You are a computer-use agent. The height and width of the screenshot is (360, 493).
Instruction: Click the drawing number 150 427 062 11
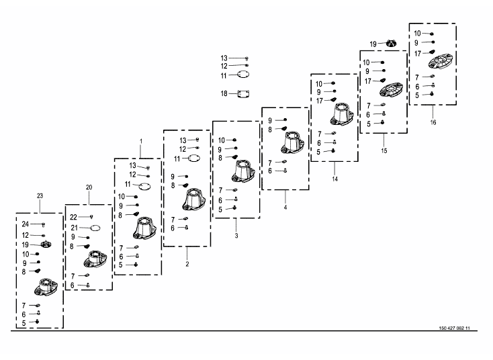point(454,328)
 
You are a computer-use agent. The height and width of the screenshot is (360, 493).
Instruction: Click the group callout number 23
point(40,195)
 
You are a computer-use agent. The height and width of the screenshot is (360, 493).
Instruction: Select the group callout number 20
point(89,187)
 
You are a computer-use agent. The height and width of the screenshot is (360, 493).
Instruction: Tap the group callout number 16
point(433,122)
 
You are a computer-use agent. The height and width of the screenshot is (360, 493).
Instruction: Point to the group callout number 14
point(335,179)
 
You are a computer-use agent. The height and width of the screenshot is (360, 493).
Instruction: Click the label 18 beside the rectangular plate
point(224,93)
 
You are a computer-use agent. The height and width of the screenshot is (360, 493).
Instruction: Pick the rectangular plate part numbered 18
point(244,94)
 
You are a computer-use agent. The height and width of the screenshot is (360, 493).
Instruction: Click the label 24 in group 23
point(25,224)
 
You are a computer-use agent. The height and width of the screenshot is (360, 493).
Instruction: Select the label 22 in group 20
point(73,217)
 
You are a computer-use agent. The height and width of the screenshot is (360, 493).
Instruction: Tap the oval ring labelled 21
point(95,228)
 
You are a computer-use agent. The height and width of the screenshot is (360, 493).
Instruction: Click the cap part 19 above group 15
point(391,44)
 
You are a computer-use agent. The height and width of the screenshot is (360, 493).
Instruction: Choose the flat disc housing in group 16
point(440,61)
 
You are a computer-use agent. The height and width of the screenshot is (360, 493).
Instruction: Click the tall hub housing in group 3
point(242,171)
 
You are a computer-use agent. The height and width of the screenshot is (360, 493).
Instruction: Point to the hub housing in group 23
point(46,287)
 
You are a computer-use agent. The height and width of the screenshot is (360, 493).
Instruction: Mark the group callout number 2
point(187,264)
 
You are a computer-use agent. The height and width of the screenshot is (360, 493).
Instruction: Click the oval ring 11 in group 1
point(144,186)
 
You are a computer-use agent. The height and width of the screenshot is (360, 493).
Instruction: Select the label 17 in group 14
point(320,101)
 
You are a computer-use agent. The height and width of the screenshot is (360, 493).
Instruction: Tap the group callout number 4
point(285,208)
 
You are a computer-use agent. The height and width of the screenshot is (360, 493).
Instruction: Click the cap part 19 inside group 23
point(46,244)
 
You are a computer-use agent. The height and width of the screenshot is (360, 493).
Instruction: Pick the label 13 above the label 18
point(224,58)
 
